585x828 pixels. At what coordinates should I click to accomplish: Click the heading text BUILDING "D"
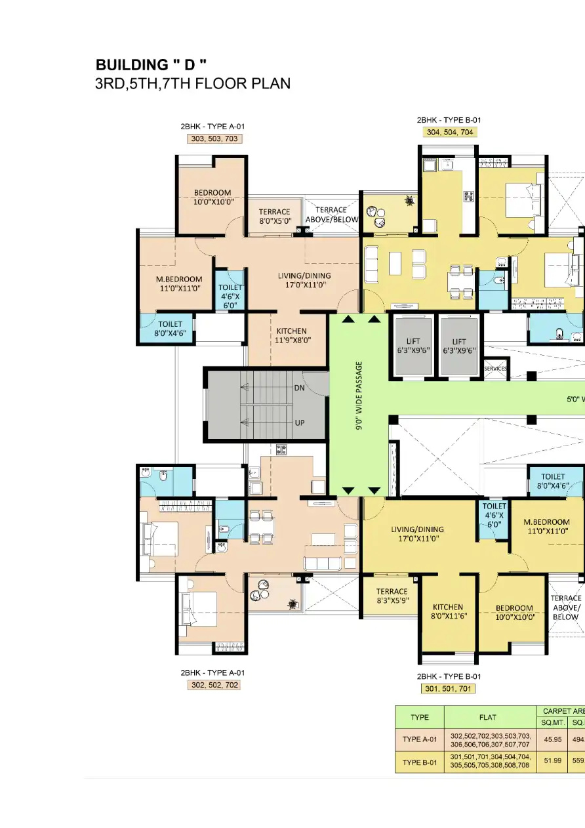pos(151,65)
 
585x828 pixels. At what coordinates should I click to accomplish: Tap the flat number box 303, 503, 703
pos(212,138)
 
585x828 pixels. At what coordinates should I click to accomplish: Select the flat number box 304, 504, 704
pos(449,132)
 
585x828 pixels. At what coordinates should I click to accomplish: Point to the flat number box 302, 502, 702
pos(214,684)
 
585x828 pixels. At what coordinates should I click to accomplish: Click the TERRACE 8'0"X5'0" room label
pos(274,216)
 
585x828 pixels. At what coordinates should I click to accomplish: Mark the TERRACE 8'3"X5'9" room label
pos(392,596)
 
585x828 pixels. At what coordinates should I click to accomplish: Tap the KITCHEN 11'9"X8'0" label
pos(292,335)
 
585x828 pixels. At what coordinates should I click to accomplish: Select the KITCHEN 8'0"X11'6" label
pos(449,611)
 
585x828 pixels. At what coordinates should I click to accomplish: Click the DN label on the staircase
pos(299,388)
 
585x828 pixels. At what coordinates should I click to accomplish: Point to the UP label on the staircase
pos(299,423)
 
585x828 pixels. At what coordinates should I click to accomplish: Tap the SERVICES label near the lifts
pos(496,369)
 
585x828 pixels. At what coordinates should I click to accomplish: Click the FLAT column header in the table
pos(490,717)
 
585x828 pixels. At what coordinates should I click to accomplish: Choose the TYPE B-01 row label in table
pos(420,762)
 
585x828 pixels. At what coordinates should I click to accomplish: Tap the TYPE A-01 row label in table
pos(420,739)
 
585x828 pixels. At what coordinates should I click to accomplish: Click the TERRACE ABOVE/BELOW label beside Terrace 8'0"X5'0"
pos(332,215)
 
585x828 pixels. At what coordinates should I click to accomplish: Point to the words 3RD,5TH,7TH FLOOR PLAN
pos(193,84)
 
